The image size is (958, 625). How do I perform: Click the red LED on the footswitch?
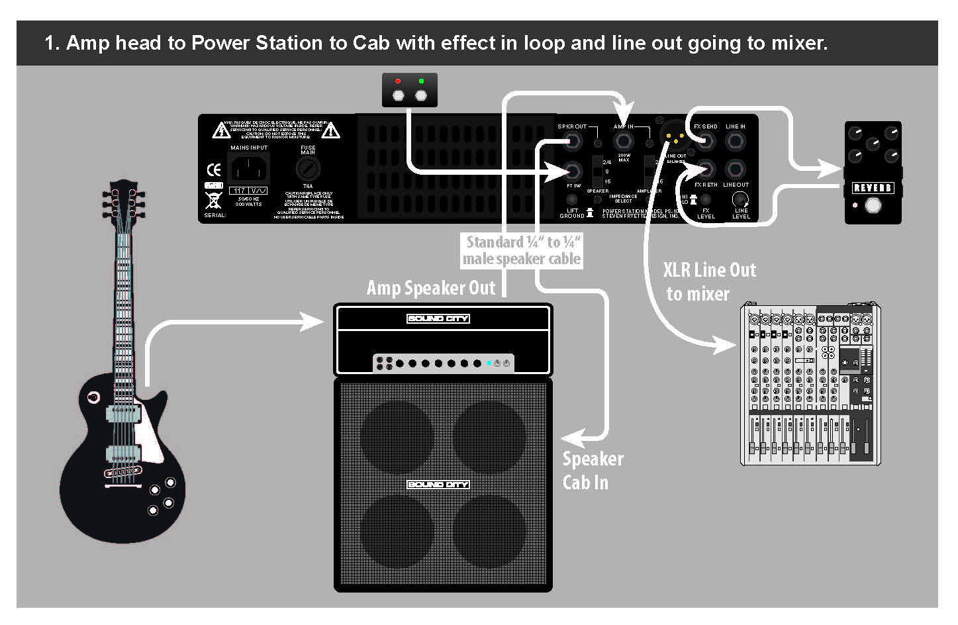tap(398, 81)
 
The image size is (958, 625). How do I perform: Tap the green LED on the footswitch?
tap(421, 81)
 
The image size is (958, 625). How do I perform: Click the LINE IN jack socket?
tap(736, 141)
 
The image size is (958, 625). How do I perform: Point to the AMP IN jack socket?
tap(623, 141)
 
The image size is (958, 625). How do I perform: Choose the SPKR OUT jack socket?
tap(572, 141)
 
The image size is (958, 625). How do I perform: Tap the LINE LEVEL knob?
tap(740, 199)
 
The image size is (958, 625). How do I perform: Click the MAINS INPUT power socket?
tap(249, 168)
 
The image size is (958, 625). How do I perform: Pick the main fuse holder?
tap(308, 169)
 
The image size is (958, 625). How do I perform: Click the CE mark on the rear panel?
tap(213, 169)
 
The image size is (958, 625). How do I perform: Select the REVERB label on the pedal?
tap(872, 188)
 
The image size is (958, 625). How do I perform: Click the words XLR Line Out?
tap(709, 270)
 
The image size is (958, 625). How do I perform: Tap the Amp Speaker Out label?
tap(431, 288)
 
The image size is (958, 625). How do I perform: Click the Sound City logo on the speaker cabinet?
tap(438, 485)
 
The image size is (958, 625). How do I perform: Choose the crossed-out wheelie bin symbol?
tap(213, 201)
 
